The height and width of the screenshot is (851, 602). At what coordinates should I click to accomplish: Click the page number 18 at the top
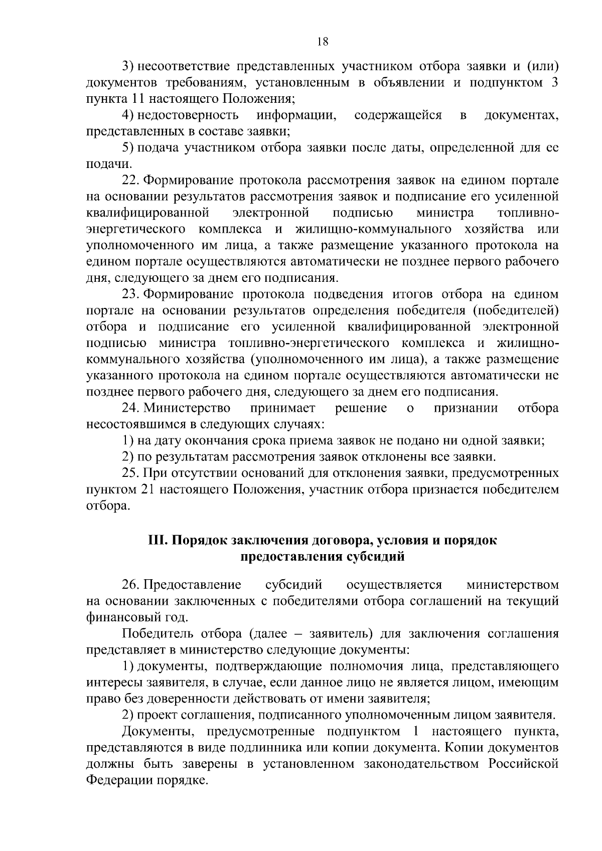coord(323,42)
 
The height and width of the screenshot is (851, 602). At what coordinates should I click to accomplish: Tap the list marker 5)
coord(128,148)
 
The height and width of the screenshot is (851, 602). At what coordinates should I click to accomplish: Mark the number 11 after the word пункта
coord(125,99)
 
